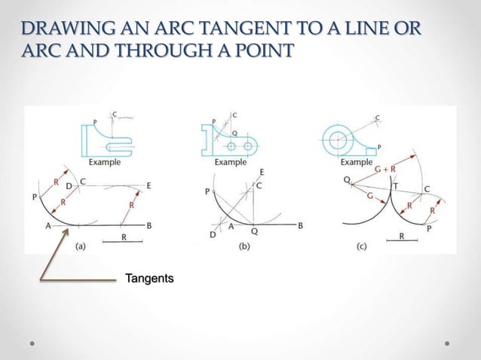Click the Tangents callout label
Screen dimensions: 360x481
pyautogui.click(x=149, y=279)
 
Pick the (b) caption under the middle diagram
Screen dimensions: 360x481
pyautogui.click(x=245, y=244)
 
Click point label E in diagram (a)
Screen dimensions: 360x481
pyautogui.click(x=149, y=185)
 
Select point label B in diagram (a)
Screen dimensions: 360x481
pyautogui.click(x=149, y=224)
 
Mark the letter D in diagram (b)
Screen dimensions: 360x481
pyautogui.click(x=213, y=235)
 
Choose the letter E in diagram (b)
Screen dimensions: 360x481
pyautogui.click(x=262, y=172)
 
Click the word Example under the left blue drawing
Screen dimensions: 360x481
pyautogui.click(x=104, y=161)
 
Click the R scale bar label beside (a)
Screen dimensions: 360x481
pyautogui.click(x=124, y=236)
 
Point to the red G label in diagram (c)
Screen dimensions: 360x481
pyautogui.click(x=369, y=195)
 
